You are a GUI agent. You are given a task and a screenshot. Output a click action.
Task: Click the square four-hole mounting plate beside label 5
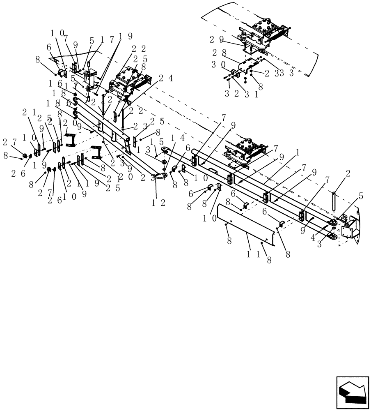348,231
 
